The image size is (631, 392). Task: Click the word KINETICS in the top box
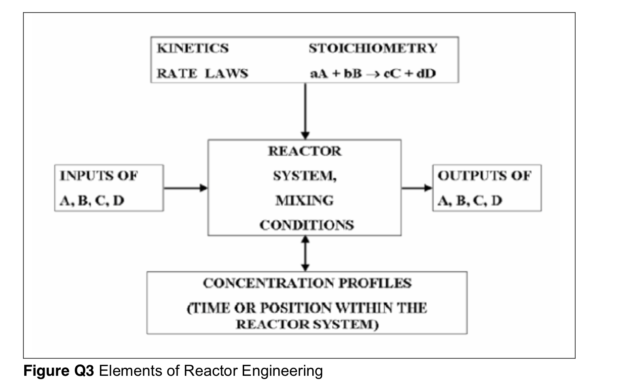pyautogui.click(x=193, y=48)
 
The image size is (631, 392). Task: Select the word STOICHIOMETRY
pyautogui.click(x=373, y=48)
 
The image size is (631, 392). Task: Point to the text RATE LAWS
pyautogui.click(x=202, y=73)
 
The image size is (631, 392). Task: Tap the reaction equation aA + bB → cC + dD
pyautogui.click(x=373, y=74)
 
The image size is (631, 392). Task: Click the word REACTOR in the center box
pyautogui.click(x=305, y=151)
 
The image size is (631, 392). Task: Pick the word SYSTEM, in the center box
pyautogui.click(x=305, y=176)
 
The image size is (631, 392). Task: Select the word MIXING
pyautogui.click(x=305, y=200)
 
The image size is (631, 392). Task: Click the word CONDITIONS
pyautogui.click(x=307, y=225)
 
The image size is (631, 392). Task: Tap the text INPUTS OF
pyautogui.click(x=99, y=176)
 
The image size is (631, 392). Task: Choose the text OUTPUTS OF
pyautogui.click(x=484, y=176)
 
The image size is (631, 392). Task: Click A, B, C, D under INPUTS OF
pyautogui.click(x=92, y=200)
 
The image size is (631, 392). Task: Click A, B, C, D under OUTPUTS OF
pyautogui.click(x=470, y=200)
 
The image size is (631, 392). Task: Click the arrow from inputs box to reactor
pyautogui.click(x=185, y=188)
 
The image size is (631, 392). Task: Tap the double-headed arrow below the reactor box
pyautogui.click(x=305, y=254)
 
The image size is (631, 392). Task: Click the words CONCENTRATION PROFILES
pyautogui.click(x=307, y=283)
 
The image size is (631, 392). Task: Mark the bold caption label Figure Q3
pyautogui.click(x=59, y=371)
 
